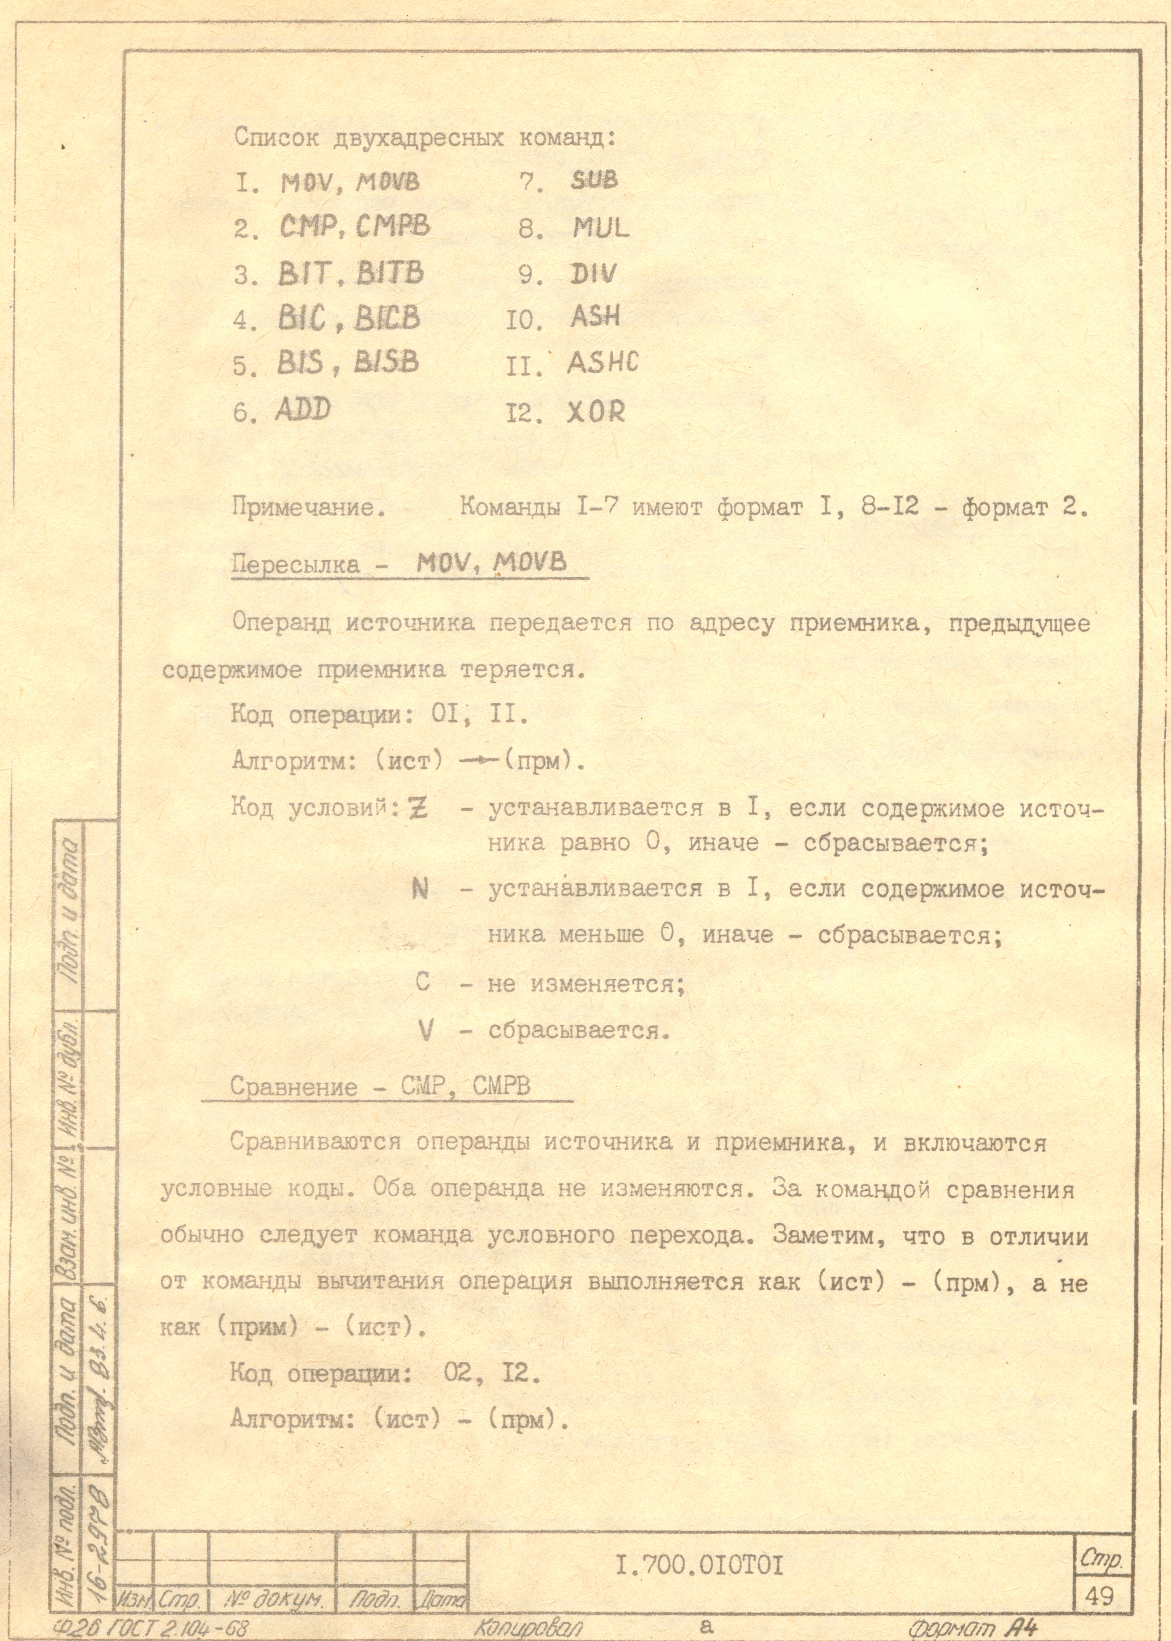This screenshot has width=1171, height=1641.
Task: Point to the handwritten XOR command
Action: [x=596, y=412]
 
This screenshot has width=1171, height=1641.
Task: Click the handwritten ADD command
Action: [x=302, y=410]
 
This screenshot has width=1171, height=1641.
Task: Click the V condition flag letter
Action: [x=425, y=1032]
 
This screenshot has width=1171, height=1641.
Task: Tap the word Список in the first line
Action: [x=276, y=137]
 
